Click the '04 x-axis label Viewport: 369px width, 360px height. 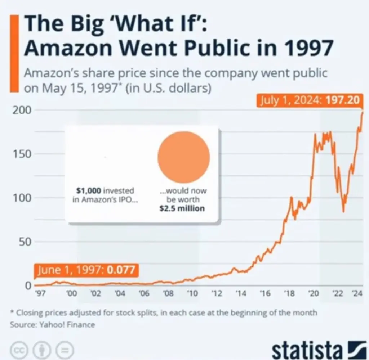pyautogui.click(x=120, y=293)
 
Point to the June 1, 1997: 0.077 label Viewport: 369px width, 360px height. pyautogui.click(x=86, y=270)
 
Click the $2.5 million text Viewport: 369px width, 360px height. pyautogui.click(x=182, y=208)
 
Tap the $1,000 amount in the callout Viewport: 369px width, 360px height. pyautogui.click(x=89, y=190)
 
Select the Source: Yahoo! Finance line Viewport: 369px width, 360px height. pyautogui.click(x=53, y=325)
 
